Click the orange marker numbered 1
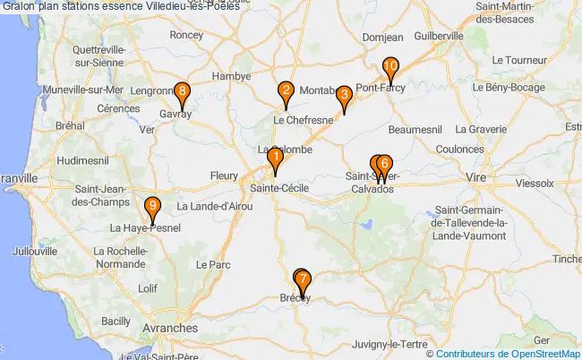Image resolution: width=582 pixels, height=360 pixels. click(x=276, y=159)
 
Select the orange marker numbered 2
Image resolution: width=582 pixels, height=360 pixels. click(x=286, y=90)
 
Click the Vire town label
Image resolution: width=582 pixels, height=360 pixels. click(x=474, y=179)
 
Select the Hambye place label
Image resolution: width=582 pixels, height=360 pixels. click(x=231, y=76)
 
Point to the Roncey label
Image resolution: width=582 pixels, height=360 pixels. click(x=186, y=35)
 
